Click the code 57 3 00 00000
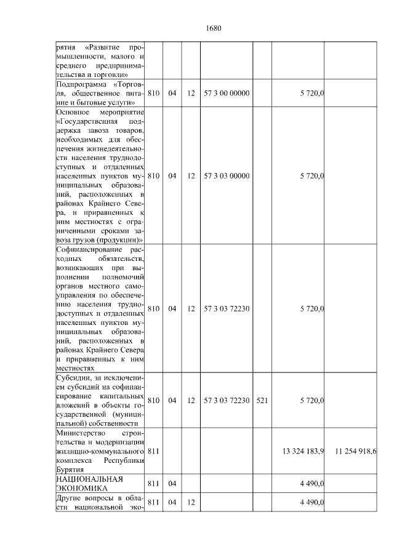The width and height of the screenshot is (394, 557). click(x=227, y=93)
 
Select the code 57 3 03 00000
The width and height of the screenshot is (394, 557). click(x=227, y=176)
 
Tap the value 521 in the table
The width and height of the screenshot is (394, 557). click(x=262, y=401)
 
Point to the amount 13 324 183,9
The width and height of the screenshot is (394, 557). click(x=303, y=451)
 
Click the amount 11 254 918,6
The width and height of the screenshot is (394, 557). click(x=356, y=451)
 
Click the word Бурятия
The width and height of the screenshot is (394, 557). click(x=70, y=469)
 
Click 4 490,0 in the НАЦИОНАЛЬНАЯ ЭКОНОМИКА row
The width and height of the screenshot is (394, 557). click(x=312, y=484)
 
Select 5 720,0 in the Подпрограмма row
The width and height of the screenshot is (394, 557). click(x=312, y=93)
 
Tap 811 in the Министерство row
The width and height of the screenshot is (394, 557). click(x=154, y=451)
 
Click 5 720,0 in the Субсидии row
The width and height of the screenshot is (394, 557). click(x=312, y=401)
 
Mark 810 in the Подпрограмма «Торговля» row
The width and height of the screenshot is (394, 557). click(x=154, y=93)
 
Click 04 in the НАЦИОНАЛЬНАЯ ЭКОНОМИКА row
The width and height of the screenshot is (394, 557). click(x=172, y=484)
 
